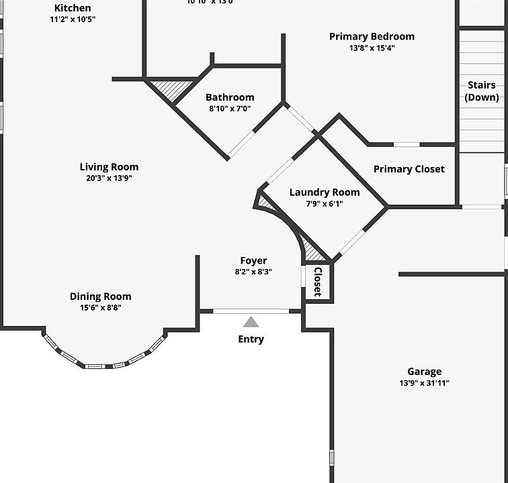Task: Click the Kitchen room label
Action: tap(73, 8)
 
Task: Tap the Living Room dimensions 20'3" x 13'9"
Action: tap(109, 178)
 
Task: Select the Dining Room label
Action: tap(101, 297)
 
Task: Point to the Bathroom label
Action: tap(230, 97)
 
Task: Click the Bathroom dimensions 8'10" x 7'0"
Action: tap(230, 109)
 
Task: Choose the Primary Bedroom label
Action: tap(372, 36)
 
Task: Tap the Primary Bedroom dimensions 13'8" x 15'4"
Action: tap(372, 48)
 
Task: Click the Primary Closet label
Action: tap(409, 169)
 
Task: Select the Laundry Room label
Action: tap(325, 193)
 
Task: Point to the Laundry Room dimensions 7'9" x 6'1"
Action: tap(325, 204)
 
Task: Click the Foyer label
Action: tap(253, 261)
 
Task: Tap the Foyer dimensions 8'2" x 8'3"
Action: tap(253, 272)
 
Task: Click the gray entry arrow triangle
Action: tap(251, 322)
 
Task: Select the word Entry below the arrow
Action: tap(251, 339)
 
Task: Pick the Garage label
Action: tap(424, 372)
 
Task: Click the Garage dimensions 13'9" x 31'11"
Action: tap(424, 383)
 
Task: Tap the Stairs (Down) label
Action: tap(482, 91)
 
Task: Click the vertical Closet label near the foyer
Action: tap(318, 281)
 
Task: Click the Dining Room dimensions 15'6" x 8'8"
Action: tap(101, 308)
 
